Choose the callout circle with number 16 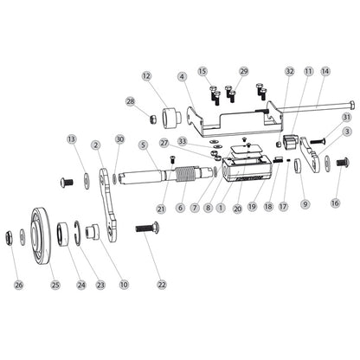pyautogui.click(x=335, y=203)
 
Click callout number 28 pyautogui.click(x=131, y=101)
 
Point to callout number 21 pyautogui.click(x=161, y=209)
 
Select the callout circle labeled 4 pyautogui.click(x=183, y=76)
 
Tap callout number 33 pyautogui.click(x=183, y=140)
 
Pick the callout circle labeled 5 pyautogui.click(x=141, y=145)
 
